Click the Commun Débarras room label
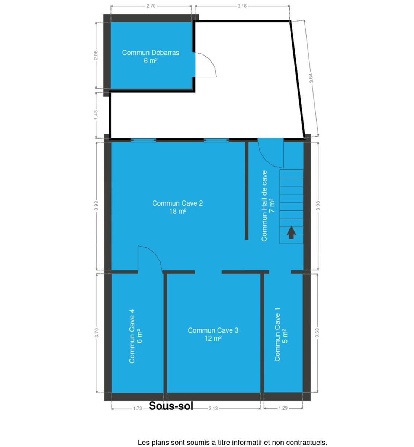[x=151, y=57]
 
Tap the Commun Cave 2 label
[x=177, y=207]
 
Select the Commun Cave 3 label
[x=213, y=334]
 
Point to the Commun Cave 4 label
[x=135, y=336]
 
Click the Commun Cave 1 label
[x=281, y=335]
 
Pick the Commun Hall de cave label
[x=268, y=206]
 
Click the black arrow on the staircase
[x=291, y=232]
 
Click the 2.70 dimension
[x=151, y=6]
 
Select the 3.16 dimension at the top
[x=242, y=6]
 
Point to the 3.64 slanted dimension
[x=311, y=78]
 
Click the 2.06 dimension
[x=96, y=55]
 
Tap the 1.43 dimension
[x=96, y=115]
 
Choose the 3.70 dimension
[x=97, y=333]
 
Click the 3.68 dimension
[x=317, y=333]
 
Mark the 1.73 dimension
[x=137, y=409]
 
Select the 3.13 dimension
[x=213, y=409]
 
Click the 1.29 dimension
[x=283, y=408]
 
